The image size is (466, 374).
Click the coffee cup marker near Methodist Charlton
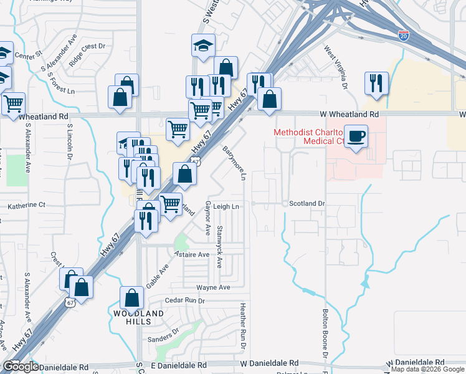click(x=356, y=137)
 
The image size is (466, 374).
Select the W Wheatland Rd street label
click(x=349, y=115)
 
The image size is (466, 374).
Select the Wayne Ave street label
click(x=213, y=287)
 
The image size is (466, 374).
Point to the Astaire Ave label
click(x=192, y=254)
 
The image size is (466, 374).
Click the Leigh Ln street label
click(x=227, y=206)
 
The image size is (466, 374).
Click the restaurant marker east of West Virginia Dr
click(x=376, y=84)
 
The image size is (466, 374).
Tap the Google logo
click(x=21, y=367)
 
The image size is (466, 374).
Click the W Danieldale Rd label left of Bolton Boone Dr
click(x=269, y=363)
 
